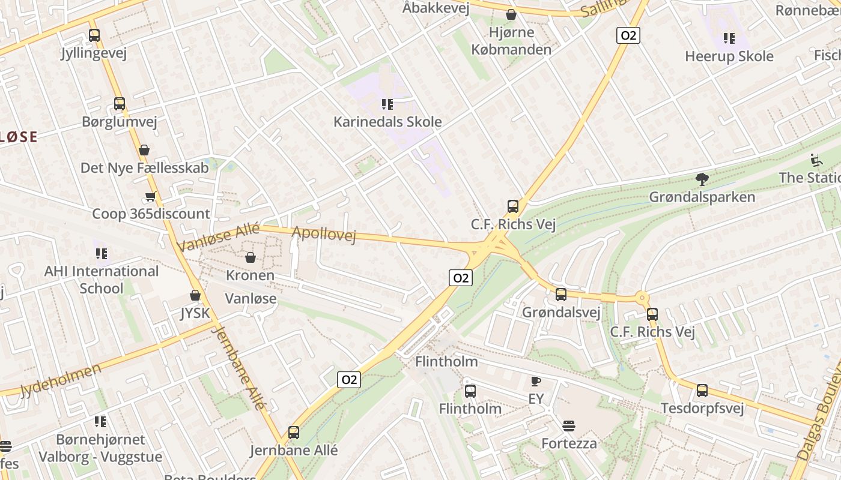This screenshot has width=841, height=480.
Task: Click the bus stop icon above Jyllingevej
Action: (x=94, y=35)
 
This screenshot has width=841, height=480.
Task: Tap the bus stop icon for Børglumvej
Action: (x=120, y=104)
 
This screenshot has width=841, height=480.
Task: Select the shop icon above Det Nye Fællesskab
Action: (x=144, y=150)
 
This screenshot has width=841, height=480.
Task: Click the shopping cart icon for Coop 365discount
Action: (x=150, y=197)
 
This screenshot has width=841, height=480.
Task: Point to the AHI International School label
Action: (x=102, y=280)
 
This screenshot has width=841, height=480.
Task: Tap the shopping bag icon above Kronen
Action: (x=250, y=257)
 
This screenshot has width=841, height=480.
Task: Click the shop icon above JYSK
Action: (x=195, y=295)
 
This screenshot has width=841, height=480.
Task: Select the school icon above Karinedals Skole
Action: (x=387, y=104)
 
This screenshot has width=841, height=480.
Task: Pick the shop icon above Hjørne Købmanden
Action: (x=511, y=14)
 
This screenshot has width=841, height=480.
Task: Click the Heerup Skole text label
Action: (x=729, y=56)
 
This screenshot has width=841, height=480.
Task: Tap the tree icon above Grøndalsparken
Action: (x=702, y=179)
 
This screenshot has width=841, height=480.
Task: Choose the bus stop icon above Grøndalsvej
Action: (x=561, y=294)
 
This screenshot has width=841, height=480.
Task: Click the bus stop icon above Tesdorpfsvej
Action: (x=702, y=391)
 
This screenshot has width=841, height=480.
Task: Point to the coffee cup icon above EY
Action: (x=536, y=381)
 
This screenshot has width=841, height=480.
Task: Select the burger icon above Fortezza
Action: (x=569, y=426)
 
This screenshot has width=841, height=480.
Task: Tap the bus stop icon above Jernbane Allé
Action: (x=294, y=432)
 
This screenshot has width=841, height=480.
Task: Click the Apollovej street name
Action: (x=324, y=234)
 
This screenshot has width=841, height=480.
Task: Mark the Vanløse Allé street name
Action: (x=219, y=237)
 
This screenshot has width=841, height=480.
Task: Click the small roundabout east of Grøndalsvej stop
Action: (x=643, y=297)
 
